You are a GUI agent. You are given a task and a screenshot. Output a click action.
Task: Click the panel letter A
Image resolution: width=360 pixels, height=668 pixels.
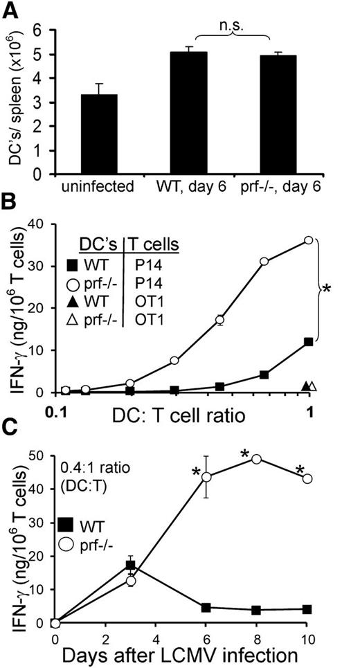[x=15, y=12]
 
